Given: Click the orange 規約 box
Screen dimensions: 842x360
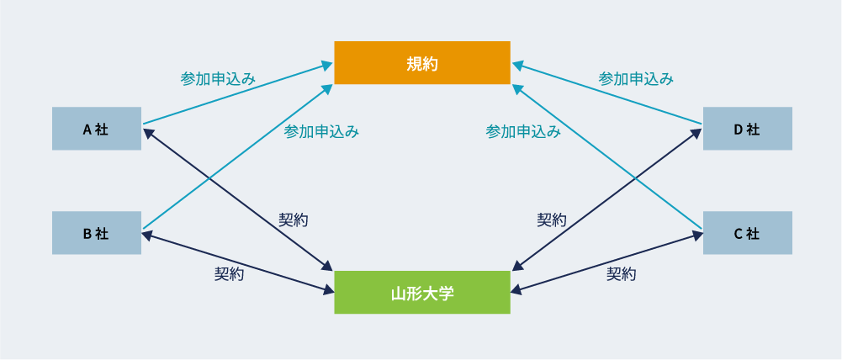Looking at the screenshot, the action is pyautogui.click(x=422, y=63).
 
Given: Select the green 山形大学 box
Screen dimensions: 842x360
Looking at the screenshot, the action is pyautogui.click(x=422, y=293).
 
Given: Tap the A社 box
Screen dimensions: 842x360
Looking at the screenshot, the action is pyautogui.click(x=97, y=129).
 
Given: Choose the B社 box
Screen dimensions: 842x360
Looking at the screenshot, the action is pyautogui.click(x=97, y=233).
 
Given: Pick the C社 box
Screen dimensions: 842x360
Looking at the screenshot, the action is pyautogui.click(x=748, y=233).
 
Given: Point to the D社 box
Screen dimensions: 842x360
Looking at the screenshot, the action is pyautogui.click(x=748, y=129).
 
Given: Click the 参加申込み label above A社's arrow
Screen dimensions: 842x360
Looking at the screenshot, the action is pyautogui.click(x=218, y=79).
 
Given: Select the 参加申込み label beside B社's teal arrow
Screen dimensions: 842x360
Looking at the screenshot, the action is pyautogui.click(x=321, y=131).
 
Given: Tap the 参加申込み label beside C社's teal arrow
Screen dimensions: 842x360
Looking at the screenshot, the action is pyautogui.click(x=523, y=131).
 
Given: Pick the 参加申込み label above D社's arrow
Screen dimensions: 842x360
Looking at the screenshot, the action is pyautogui.click(x=636, y=79).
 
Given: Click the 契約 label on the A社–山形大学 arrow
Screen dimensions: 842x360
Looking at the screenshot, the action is pyautogui.click(x=294, y=220).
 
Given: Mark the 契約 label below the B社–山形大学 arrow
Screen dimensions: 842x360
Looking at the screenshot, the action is pyautogui.click(x=230, y=274).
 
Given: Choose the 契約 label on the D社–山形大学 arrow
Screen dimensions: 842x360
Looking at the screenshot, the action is pyautogui.click(x=552, y=220).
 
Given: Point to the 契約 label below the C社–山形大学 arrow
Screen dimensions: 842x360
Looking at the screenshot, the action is pyautogui.click(x=622, y=274).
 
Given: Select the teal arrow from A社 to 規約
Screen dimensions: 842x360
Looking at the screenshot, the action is pyautogui.click(x=238, y=93).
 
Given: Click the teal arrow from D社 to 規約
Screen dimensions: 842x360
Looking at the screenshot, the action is pyautogui.click(x=606, y=93).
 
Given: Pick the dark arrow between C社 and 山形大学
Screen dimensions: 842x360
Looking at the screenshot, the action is pyautogui.click(x=606, y=262).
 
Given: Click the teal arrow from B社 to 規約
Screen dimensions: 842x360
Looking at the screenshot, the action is pyautogui.click(x=238, y=156).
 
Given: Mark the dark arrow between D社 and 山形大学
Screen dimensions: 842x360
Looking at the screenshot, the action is pyautogui.click(x=606, y=199).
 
